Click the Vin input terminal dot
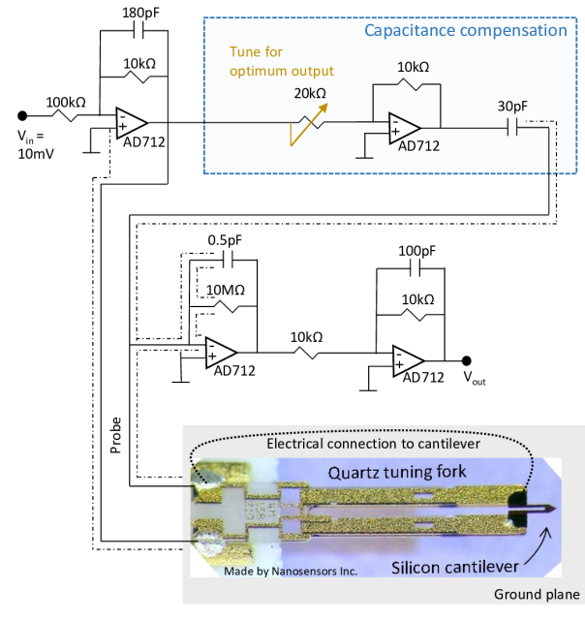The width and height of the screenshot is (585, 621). pos(22,115)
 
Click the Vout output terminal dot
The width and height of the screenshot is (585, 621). pos(467,360)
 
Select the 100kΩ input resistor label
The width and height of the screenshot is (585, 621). pos(66,103)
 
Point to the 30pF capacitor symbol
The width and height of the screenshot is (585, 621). pos(512,128)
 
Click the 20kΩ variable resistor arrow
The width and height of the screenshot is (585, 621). pos(309,124)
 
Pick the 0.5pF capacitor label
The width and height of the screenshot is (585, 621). pos(225,240)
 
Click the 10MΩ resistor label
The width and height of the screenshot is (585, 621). pos(226,290)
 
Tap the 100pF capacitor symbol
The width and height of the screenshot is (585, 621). pos(416,269)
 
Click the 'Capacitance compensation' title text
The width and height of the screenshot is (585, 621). pos(466,30)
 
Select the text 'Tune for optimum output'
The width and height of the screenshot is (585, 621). pos(282,61)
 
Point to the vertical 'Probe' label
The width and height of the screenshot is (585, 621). pos(115,435)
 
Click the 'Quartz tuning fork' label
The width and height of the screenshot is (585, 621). pos(397,472)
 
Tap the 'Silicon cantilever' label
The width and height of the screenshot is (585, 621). pos(455,567)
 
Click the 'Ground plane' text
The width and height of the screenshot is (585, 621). pos(537,594)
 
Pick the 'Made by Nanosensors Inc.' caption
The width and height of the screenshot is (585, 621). pos(291,571)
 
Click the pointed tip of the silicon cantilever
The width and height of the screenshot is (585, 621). pos(557,509)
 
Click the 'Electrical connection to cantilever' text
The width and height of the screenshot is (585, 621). pos(373,444)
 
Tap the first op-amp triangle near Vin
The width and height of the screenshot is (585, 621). pos(132,123)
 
